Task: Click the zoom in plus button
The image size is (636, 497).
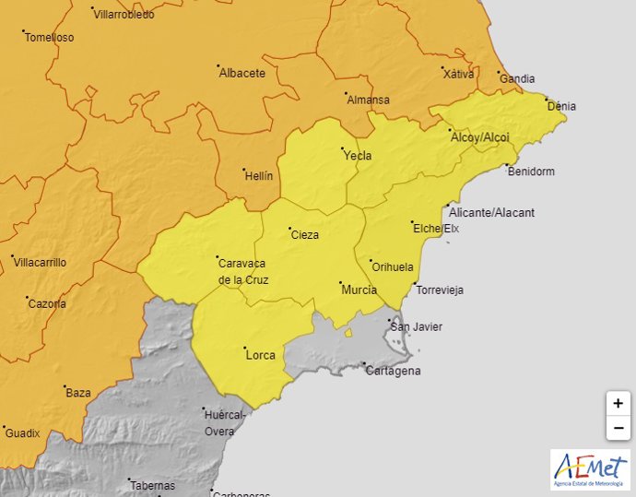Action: pos(618,404)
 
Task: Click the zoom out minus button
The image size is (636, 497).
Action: pos(618,428)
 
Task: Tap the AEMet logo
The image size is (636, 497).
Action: pos(590,470)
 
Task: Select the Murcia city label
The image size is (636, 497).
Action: pos(359,290)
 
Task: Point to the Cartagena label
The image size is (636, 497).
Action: pos(393,371)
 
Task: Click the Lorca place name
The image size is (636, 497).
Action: pos(261,355)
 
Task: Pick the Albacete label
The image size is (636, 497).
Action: pos(241,73)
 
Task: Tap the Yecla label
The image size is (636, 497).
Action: pos(357,156)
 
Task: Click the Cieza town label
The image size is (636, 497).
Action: pos(304,234)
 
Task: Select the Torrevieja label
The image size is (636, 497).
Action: pos(440,290)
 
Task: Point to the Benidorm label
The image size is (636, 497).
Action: pos(532,172)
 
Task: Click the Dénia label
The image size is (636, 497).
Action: pos(561,106)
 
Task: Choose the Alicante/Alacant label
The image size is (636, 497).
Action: pos(492,212)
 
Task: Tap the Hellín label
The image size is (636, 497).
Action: pos(258,175)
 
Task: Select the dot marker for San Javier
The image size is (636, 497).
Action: pos(388,320)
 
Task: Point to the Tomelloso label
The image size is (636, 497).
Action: pos(49,38)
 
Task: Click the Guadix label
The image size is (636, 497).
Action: pos(22,432)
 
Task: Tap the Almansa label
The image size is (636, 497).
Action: pos(368,100)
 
